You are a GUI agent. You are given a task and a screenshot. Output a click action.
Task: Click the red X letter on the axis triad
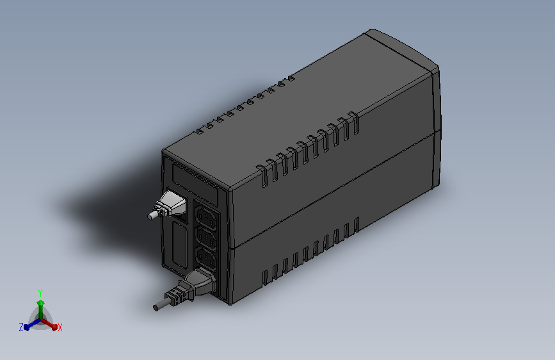coord(60,327)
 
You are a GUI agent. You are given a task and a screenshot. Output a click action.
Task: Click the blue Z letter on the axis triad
coord(21,327)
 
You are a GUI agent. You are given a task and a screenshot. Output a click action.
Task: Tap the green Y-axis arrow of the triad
coord(40,304)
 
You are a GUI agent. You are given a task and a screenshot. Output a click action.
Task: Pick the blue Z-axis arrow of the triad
coord(29,324)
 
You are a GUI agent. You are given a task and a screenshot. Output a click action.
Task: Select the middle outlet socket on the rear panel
coord(205,236)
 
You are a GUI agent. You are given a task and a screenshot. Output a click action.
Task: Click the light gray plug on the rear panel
coord(172,205)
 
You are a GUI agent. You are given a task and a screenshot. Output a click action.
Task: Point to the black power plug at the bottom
coord(196,284)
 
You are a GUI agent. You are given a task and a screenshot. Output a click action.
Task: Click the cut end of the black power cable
coord(156,307)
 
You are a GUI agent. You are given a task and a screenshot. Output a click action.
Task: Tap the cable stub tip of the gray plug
coord(151,216)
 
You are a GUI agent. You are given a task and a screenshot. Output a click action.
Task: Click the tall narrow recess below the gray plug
coord(178,243)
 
